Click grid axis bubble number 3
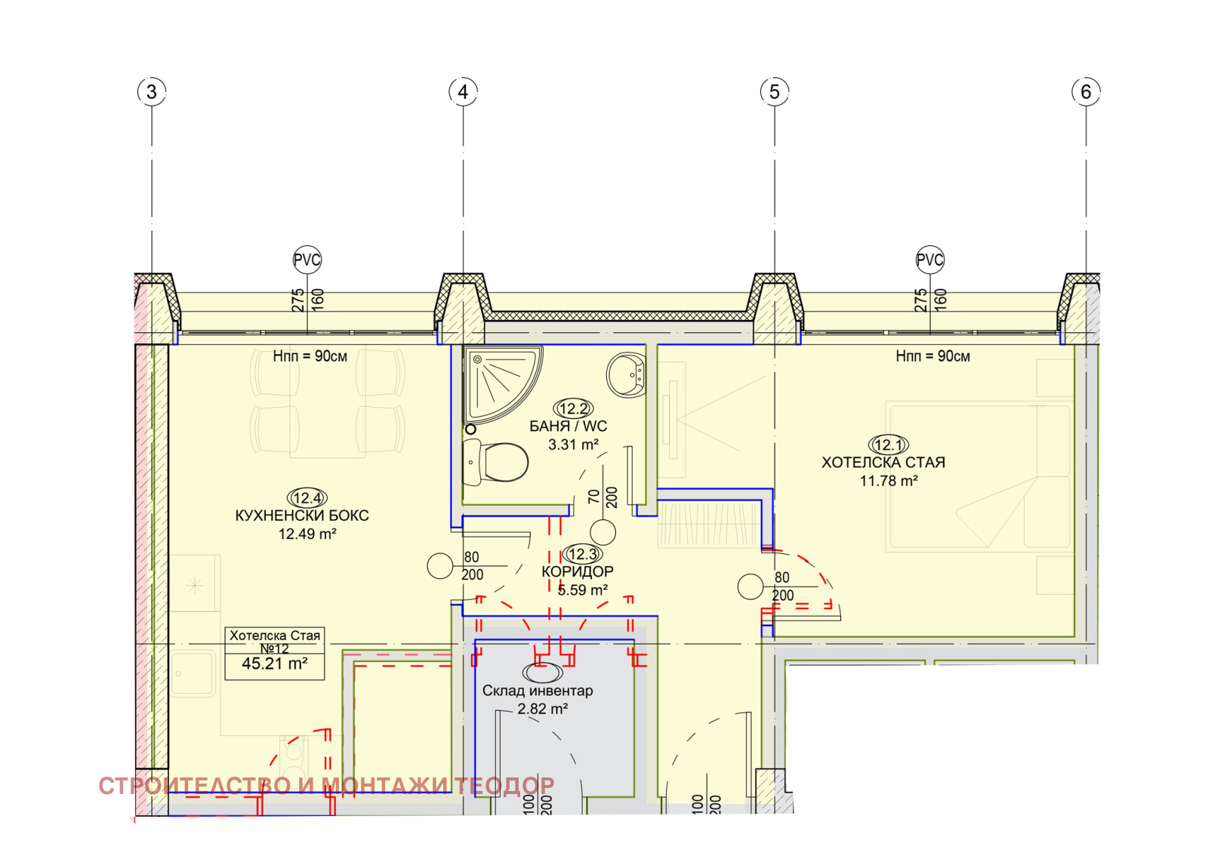pos(152,91)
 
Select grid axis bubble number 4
pos(463,91)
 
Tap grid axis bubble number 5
pos(775,91)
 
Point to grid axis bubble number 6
pos(1086,91)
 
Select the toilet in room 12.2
pos(495,461)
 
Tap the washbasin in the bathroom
pos(626,375)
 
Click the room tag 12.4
pos(307,497)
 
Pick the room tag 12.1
pos(888,445)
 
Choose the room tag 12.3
pos(582,553)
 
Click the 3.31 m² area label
pos(573,445)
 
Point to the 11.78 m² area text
pos(888,480)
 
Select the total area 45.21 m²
pos(275,663)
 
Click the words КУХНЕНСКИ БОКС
pos(302,516)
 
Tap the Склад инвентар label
pos(537,691)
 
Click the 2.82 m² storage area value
pos(543,708)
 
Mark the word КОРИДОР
pos(578,571)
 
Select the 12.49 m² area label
pos(307,534)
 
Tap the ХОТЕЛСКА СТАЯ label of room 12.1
pos(883,463)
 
